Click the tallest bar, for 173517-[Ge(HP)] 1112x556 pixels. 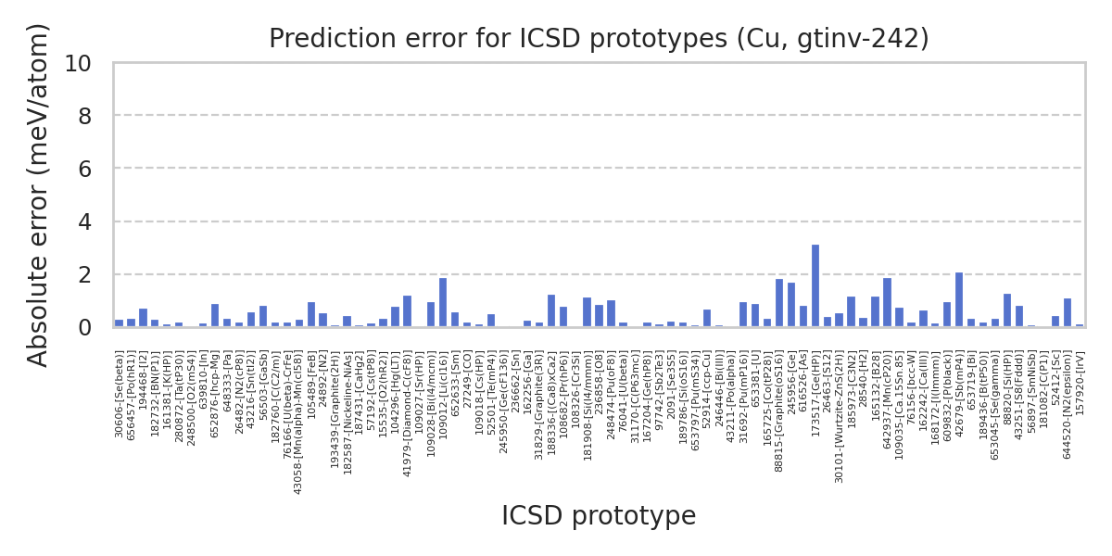point(815,286)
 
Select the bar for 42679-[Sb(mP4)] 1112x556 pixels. point(959,300)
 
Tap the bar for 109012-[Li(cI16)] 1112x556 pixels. point(443,303)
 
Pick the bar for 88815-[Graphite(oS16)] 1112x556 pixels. point(779,303)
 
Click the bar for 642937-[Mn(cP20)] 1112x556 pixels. point(887,303)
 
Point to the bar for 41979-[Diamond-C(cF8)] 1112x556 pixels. point(407,311)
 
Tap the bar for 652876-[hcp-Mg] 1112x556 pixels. point(215,316)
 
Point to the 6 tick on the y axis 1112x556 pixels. point(84,170)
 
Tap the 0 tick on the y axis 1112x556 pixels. point(84,328)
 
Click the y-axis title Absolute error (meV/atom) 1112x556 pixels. point(39,195)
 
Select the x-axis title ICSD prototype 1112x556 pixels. point(599,516)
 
